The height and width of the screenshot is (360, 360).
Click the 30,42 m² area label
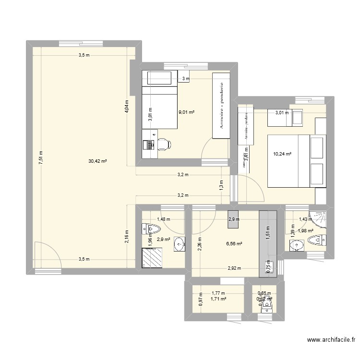coord(97,161)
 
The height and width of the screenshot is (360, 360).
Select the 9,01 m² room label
coord(186,112)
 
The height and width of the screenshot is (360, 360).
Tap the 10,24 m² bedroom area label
coord(283,154)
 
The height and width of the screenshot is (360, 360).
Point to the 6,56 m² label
coord(235,243)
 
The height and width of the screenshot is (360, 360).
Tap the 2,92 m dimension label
coord(234,269)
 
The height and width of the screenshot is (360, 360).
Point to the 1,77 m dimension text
coord(218,292)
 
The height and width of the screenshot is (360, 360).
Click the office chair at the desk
coord(163,143)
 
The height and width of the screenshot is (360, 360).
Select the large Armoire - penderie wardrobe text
coord(222,106)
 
